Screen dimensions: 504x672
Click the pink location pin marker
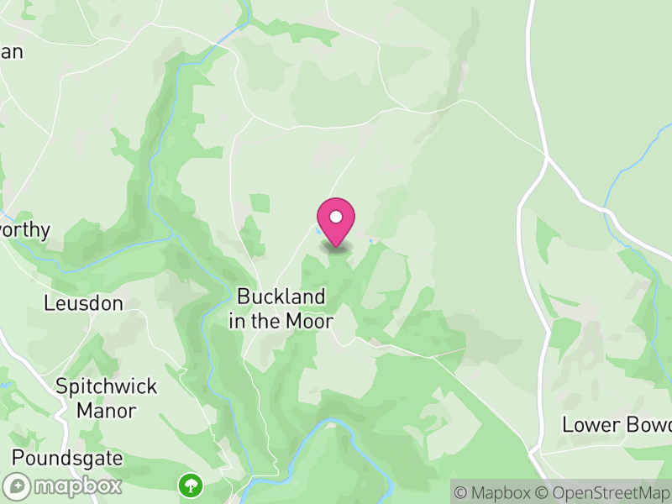[336, 221]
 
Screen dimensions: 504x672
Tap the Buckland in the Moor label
[281, 308]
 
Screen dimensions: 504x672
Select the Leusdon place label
[84, 303]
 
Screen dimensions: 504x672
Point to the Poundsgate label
[67, 459]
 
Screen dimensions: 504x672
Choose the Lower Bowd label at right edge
[617, 424]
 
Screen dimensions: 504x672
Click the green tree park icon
[191, 484]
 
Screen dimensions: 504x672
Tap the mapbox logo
[63, 486]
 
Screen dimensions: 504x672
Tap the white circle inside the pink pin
[336, 217]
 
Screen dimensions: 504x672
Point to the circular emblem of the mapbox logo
[17, 486]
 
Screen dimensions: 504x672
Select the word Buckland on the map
[281, 297]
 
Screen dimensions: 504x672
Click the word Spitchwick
[95, 386]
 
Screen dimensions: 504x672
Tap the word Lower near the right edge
[588, 424]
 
